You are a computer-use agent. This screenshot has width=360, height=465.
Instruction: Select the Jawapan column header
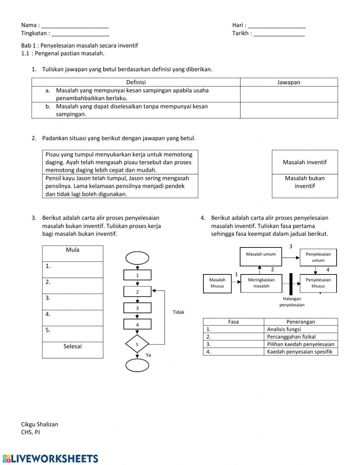(289, 82)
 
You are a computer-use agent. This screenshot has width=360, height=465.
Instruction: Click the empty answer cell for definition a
(289, 94)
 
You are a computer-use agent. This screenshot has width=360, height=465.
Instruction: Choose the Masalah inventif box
(305, 162)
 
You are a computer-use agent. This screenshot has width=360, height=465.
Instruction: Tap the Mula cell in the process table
(73, 254)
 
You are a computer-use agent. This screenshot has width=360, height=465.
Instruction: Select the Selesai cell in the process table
(73, 350)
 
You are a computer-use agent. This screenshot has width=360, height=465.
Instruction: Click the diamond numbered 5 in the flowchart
(137, 344)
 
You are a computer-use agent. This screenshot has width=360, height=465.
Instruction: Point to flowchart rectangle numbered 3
(137, 308)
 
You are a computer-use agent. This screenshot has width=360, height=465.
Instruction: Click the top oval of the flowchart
(137, 258)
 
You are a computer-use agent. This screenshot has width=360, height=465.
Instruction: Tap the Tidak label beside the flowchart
(178, 312)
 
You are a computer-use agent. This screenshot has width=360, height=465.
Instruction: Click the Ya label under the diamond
(148, 355)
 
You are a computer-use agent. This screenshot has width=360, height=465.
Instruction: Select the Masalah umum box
(261, 257)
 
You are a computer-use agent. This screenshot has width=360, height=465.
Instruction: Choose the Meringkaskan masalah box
(261, 283)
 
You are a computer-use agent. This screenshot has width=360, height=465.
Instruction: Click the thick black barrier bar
(291, 284)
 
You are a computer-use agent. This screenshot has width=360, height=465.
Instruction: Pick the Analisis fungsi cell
(301, 329)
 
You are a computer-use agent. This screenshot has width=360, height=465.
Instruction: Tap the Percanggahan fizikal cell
(301, 337)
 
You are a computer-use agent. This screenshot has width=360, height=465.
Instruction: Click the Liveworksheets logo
(50, 459)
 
